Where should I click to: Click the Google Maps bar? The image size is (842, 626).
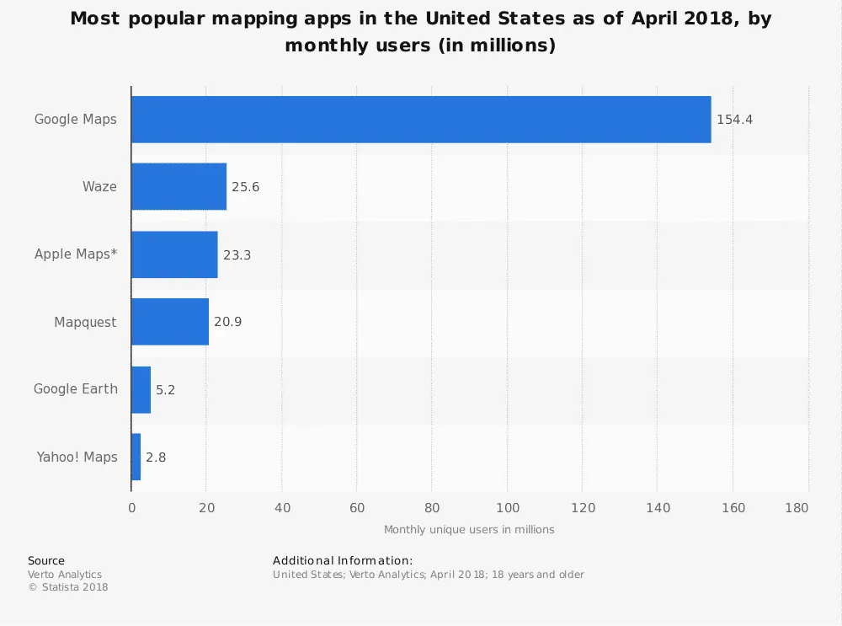pyautogui.click(x=421, y=120)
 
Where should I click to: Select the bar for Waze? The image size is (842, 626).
pyautogui.click(x=179, y=187)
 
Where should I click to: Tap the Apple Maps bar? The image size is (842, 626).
pyautogui.click(x=175, y=254)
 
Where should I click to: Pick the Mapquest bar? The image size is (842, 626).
pyautogui.click(x=170, y=322)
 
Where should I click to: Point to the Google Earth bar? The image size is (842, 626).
pyautogui.click(x=141, y=389)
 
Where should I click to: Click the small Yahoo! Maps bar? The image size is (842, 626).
pyautogui.click(x=136, y=457)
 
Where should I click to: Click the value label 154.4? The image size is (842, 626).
pyautogui.click(x=734, y=120)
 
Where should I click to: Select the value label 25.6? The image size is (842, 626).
pyautogui.click(x=245, y=187)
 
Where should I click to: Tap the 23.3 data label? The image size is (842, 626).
pyautogui.click(x=237, y=254)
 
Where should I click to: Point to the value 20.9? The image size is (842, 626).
pyautogui.click(x=227, y=322)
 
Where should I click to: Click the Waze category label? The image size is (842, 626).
pyautogui.click(x=99, y=187)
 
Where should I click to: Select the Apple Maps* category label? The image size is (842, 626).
pyautogui.click(x=76, y=254)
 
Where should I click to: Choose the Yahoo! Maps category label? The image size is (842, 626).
pyautogui.click(x=77, y=457)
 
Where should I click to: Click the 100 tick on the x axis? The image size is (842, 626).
pyautogui.click(x=508, y=508)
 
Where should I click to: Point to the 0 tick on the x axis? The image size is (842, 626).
pyautogui.click(x=131, y=508)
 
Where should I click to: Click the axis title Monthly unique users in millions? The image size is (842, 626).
pyautogui.click(x=469, y=530)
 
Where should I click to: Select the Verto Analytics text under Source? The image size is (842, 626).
pyautogui.click(x=65, y=575)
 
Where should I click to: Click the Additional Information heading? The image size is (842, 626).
pyautogui.click(x=343, y=560)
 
